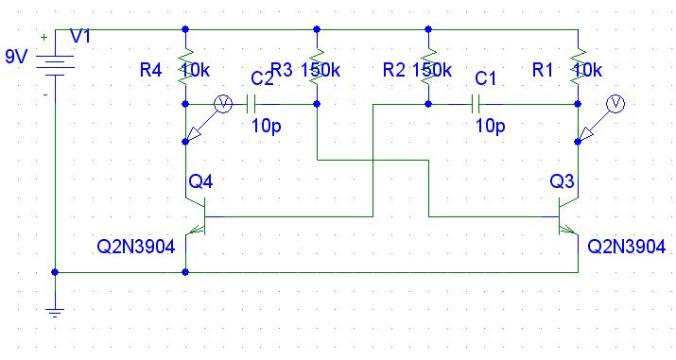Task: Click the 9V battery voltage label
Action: click(x=16, y=57)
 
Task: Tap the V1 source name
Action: click(x=80, y=37)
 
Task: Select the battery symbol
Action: click(x=55, y=65)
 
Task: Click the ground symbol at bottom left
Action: click(x=55, y=313)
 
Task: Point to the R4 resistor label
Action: click(x=151, y=70)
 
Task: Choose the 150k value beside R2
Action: click(x=432, y=70)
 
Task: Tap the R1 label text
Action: click(x=543, y=70)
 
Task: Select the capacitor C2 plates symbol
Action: click(x=251, y=104)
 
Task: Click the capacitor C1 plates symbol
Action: click(x=476, y=104)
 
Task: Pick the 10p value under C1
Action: click(x=490, y=127)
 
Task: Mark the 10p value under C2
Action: click(x=266, y=127)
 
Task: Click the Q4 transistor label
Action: click(x=200, y=181)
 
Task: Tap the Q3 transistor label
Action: click(x=562, y=181)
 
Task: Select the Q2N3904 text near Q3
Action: click(x=627, y=247)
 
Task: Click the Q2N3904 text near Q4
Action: click(x=136, y=247)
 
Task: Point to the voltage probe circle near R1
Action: click(x=615, y=104)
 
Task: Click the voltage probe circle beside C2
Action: click(x=223, y=104)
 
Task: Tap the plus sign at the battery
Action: click(x=44, y=38)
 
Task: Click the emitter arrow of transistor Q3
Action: click(x=569, y=231)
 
